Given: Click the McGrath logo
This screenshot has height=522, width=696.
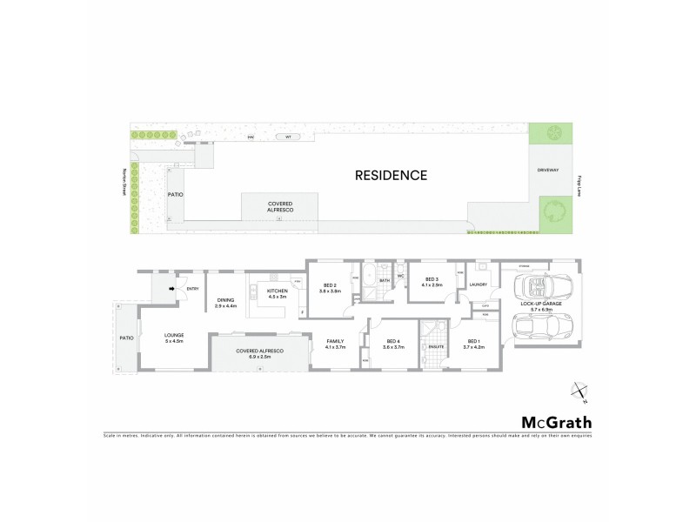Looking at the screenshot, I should tap(557, 423).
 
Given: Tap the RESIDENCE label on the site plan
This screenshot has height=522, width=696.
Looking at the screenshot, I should tap(391, 175).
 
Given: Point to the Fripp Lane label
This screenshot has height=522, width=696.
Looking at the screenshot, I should tap(579, 184).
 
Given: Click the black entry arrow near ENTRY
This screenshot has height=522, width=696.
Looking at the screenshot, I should tap(172, 288).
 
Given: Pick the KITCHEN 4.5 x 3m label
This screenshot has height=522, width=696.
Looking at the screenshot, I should tap(277, 293).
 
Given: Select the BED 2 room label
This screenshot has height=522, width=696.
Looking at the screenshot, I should tap(329, 288).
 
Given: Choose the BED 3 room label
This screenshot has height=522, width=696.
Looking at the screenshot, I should tap(432, 282).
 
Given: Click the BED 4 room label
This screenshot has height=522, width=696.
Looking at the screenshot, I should tap(393, 344).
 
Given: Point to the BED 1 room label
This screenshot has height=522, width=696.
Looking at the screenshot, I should tap(473, 344).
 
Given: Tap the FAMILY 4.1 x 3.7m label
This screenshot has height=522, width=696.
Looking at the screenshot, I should tap(335, 344).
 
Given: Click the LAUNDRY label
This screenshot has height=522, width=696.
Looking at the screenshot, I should tap(477, 284).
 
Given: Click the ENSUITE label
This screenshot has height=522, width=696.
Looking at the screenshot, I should tap(436, 346).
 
